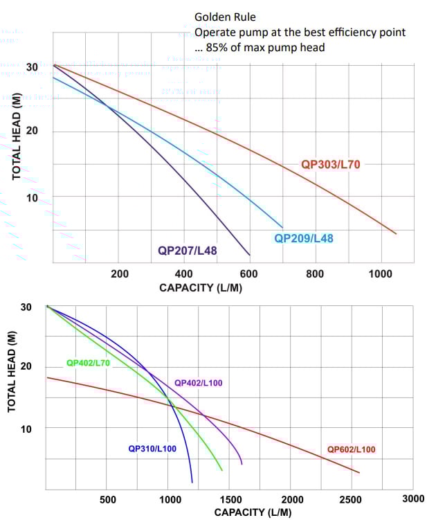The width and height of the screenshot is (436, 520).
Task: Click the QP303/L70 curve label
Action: click(x=330, y=165)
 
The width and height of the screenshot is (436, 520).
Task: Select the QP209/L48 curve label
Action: click(x=304, y=237)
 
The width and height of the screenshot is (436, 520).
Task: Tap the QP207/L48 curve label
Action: click(x=188, y=251)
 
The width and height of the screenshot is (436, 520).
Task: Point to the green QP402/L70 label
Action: click(x=88, y=362)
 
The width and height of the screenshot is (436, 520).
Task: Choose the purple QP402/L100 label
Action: click(x=199, y=382)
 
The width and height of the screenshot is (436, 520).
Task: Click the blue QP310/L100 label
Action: click(x=152, y=449)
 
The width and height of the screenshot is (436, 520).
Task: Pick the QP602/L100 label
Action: click(x=351, y=449)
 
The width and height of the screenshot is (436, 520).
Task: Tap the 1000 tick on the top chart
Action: click(x=381, y=274)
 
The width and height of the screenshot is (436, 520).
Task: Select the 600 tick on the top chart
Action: click(x=250, y=274)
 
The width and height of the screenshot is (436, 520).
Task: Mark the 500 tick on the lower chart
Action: click(x=107, y=499)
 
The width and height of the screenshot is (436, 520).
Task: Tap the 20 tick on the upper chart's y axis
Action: click(x=32, y=132)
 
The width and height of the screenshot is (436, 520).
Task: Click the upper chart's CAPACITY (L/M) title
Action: click(x=201, y=287)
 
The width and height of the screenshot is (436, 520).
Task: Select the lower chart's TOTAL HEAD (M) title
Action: click(x=12, y=372)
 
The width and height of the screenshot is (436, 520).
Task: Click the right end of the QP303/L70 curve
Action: click(x=396, y=233)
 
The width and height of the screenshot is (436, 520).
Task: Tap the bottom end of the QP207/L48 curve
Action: click(x=250, y=254)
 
